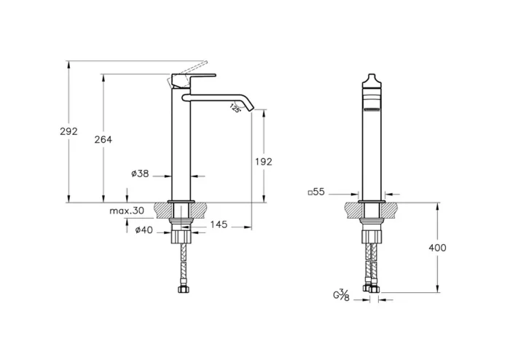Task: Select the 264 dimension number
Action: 103,140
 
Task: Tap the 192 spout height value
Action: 263,162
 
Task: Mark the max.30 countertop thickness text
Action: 126,211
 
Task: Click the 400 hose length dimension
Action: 437,248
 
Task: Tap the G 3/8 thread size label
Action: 341,295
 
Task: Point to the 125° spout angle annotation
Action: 235,108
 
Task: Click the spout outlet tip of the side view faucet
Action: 255,110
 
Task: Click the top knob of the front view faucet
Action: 372,79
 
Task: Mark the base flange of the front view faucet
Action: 372,200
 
